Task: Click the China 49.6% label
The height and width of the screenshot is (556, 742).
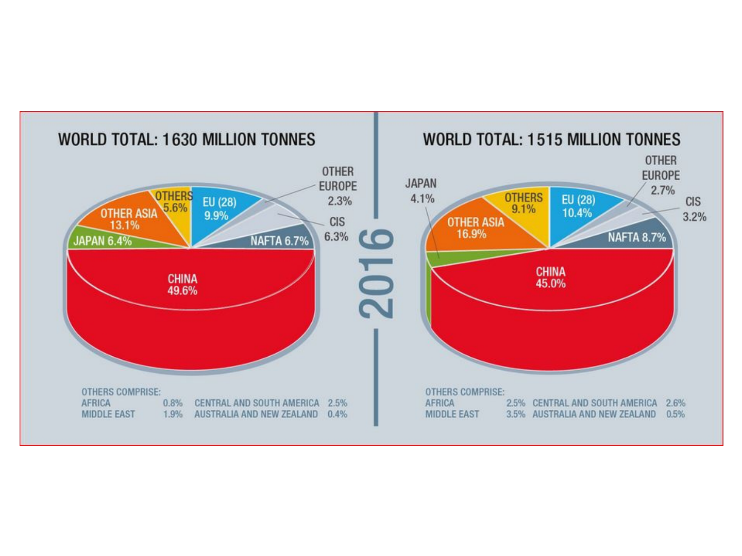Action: (182, 285)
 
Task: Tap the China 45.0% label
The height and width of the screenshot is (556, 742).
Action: (550, 277)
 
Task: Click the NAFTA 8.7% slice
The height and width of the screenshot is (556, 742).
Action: (636, 237)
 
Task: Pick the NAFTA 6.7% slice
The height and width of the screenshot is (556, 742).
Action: (279, 240)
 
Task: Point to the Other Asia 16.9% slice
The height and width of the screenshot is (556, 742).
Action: (475, 228)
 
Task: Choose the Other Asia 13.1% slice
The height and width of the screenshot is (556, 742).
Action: (128, 219)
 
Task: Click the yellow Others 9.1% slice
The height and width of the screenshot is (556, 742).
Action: (524, 203)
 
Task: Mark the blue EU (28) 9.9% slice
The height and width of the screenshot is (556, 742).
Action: (219, 208)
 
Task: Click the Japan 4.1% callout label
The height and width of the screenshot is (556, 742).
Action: (421, 190)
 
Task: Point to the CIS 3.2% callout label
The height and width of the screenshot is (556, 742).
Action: (694, 209)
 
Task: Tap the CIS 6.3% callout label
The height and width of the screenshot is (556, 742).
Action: (336, 229)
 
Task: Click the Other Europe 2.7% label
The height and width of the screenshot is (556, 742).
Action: (661, 176)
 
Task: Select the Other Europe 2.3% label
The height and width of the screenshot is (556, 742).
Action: (338, 186)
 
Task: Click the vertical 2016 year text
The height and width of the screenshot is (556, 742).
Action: (377, 273)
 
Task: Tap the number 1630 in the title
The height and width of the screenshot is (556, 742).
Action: (180, 140)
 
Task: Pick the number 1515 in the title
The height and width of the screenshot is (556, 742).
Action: (545, 140)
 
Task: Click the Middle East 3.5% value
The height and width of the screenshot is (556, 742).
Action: (515, 414)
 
